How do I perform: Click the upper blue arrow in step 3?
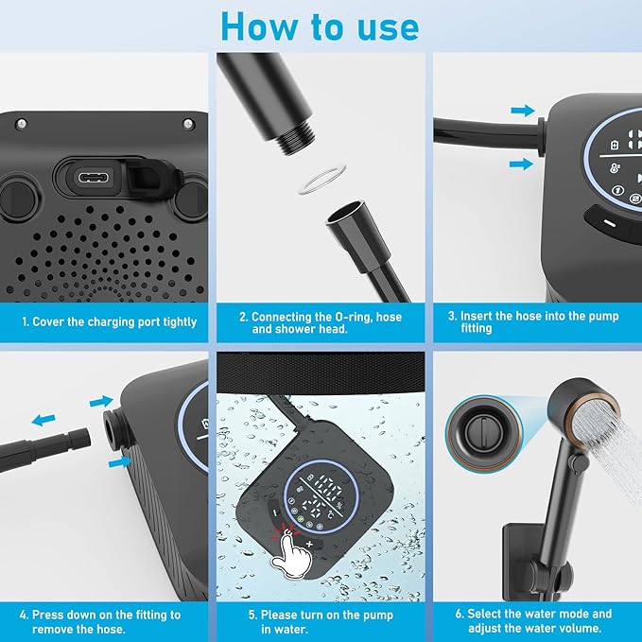521,111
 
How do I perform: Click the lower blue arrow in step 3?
521,165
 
